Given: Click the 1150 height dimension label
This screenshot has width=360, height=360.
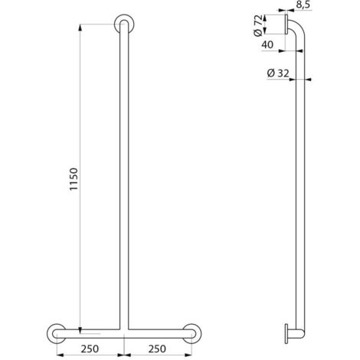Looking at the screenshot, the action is point(74,179).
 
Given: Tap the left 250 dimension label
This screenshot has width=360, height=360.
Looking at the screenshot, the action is point(90,349).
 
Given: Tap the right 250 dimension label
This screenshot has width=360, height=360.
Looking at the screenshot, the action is point(157,349).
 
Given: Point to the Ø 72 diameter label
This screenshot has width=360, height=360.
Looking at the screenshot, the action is point(258,25).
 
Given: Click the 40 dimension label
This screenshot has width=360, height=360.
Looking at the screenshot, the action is point(267,45).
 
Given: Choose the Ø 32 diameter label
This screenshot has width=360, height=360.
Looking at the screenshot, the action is point(278,74).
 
